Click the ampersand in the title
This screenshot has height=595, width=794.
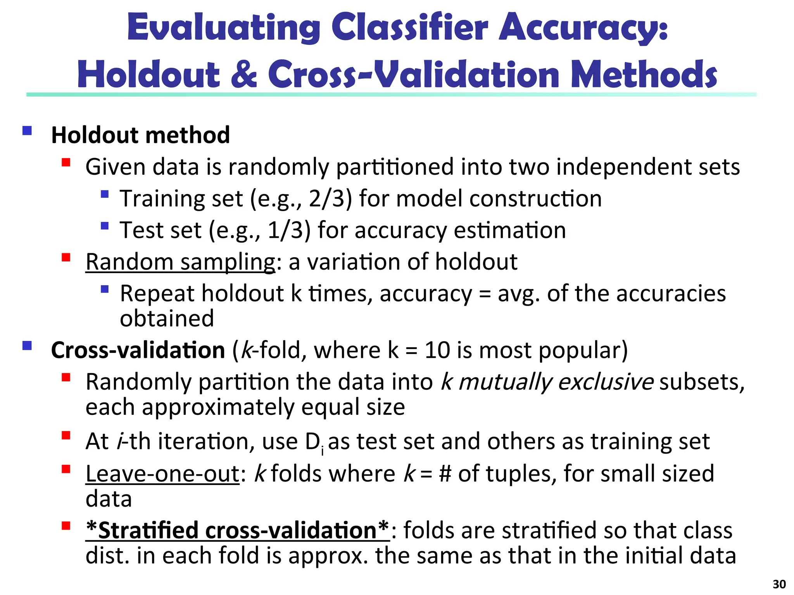point(243,74)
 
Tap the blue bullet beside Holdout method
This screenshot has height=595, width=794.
point(27,131)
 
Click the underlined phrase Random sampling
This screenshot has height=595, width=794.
point(180,262)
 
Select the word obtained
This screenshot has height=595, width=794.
point(167,318)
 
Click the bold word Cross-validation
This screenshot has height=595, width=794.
point(138,350)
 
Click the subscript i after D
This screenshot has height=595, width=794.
point(322,451)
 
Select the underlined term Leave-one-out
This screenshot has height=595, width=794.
point(162,473)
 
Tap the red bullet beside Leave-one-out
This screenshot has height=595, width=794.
point(66,469)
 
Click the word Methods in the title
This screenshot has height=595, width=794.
point(644,74)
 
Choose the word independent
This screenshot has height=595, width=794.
point(625,167)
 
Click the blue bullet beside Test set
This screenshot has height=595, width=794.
point(104,226)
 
